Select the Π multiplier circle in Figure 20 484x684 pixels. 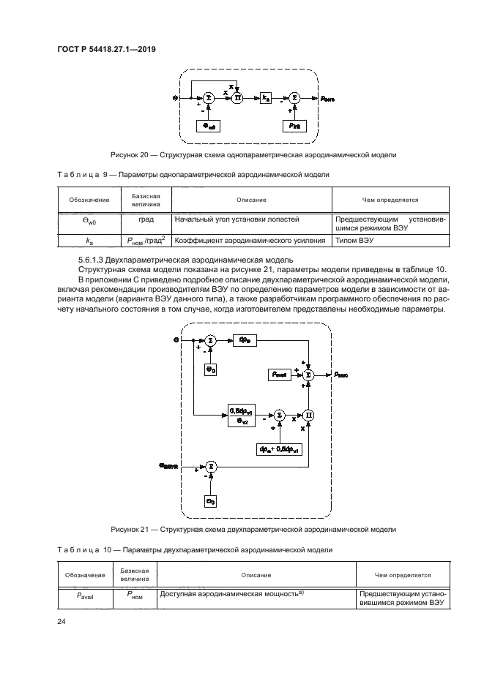pyautogui.click(x=237, y=97)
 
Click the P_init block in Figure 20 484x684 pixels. pyautogui.click(x=293, y=126)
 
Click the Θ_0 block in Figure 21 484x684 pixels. pyautogui.click(x=210, y=371)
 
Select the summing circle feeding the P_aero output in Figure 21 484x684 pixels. pyautogui.click(x=309, y=373)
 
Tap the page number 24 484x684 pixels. pyautogui.click(x=62, y=623)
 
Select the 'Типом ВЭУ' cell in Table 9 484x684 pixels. pyautogui.click(x=356, y=240)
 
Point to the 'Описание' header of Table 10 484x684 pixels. pyautogui.click(x=257, y=575)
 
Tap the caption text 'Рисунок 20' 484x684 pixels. pyautogui.click(x=130, y=155)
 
